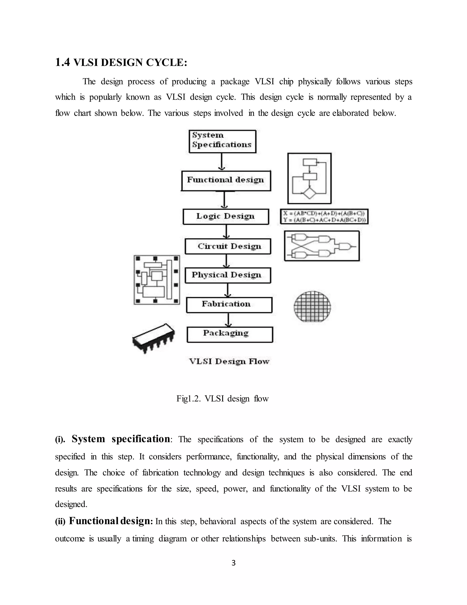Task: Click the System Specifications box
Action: pyautogui.click(x=222, y=141)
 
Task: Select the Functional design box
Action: pyautogui.click(x=226, y=181)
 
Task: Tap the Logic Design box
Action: pyautogui.click(x=226, y=217)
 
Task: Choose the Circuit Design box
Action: pyautogui.click(x=228, y=246)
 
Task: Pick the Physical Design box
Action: pyautogui.click(x=228, y=275)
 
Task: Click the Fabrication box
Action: pyautogui.click(x=229, y=305)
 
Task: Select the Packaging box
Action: pyautogui.click(x=230, y=334)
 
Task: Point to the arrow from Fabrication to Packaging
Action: pyautogui.click(x=228, y=320)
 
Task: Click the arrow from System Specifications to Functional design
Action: pyautogui.click(x=221, y=161)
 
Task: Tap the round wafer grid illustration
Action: pyautogui.click(x=312, y=306)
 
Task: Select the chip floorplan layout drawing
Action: pyautogui.click(x=157, y=280)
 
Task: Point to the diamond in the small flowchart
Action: pyautogui.click(x=309, y=192)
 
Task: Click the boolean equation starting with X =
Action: pyautogui.click(x=324, y=213)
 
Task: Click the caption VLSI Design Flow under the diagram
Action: pyautogui.click(x=229, y=361)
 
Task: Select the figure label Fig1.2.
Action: pyautogui.click(x=188, y=399)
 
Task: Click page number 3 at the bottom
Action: pyautogui.click(x=233, y=563)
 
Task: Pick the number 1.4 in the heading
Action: pyautogui.click(x=62, y=63)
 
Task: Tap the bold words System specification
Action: pyautogui.click(x=121, y=439)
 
